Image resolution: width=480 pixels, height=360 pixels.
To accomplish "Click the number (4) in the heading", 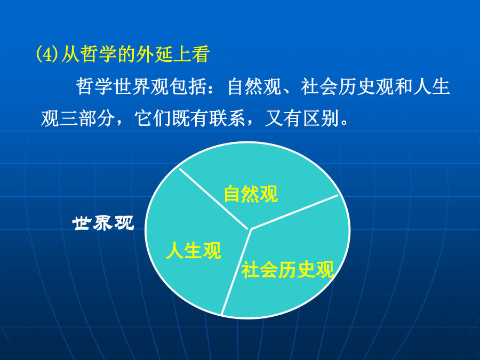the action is pos(47,54).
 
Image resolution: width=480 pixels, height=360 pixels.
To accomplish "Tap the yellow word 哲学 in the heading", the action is pos(99,54).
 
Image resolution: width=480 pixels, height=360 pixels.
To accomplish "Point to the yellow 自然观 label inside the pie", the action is pos(251,194).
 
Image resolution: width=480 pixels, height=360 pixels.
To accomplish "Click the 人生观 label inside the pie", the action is pos(194,251).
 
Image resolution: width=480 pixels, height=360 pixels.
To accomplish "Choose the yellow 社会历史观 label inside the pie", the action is pos(287,270).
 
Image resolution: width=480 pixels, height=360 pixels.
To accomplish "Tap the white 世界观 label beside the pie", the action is pos(103,223).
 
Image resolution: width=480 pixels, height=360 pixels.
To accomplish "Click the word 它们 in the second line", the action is pos(153,118).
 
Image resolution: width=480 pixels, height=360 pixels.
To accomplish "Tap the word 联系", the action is pos(228,118).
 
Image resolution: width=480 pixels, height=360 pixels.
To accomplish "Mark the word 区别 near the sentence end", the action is pos(321,118).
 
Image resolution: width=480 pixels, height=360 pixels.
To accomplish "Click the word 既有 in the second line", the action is pos(190,118).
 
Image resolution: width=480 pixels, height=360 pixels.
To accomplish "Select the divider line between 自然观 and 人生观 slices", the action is pos(214,199).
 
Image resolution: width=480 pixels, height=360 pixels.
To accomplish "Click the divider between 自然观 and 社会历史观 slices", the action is pos(294,212).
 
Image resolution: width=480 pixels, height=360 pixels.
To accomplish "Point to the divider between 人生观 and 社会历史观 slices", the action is pos(236,272).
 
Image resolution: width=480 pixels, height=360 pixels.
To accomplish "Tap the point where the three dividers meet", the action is pos(250,229).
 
